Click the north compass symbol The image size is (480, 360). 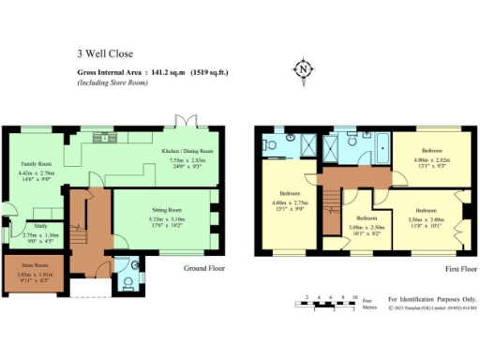(302, 70)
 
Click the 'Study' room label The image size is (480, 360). (40, 225)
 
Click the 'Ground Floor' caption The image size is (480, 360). (203, 268)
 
